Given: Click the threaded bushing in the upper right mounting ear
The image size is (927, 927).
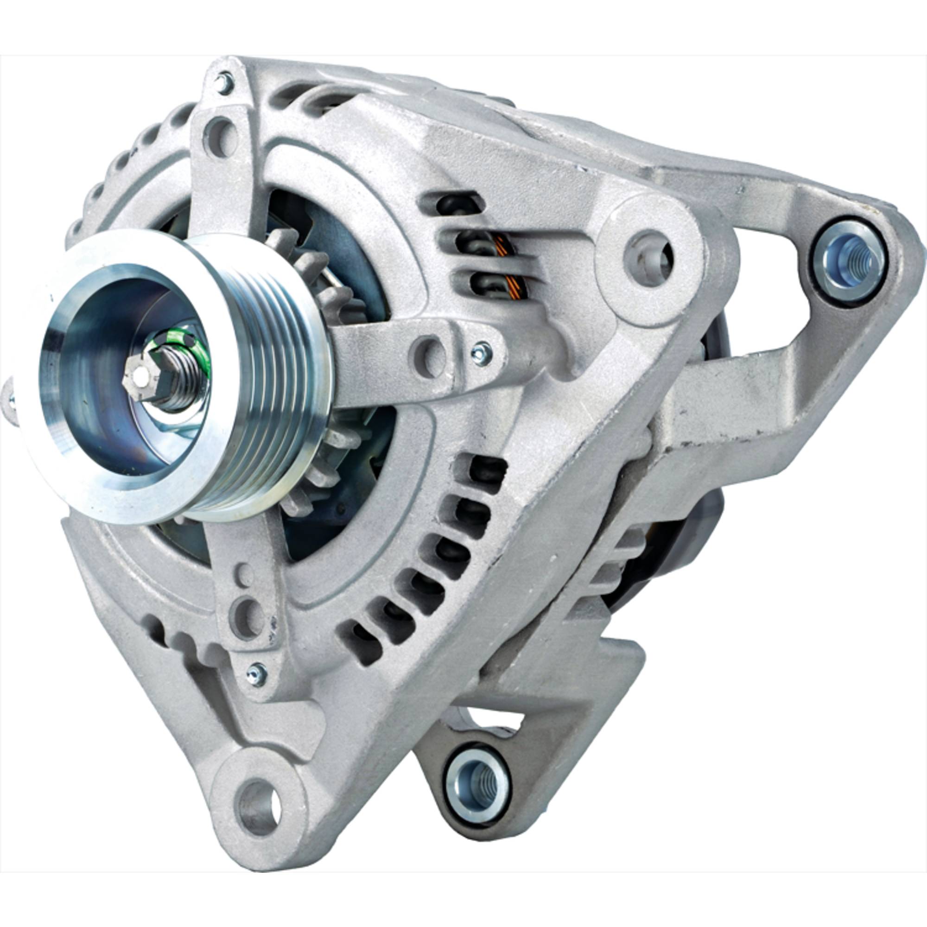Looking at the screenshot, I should tap(849, 261).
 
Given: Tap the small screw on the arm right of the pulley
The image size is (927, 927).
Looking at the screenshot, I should tap(481, 353).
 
